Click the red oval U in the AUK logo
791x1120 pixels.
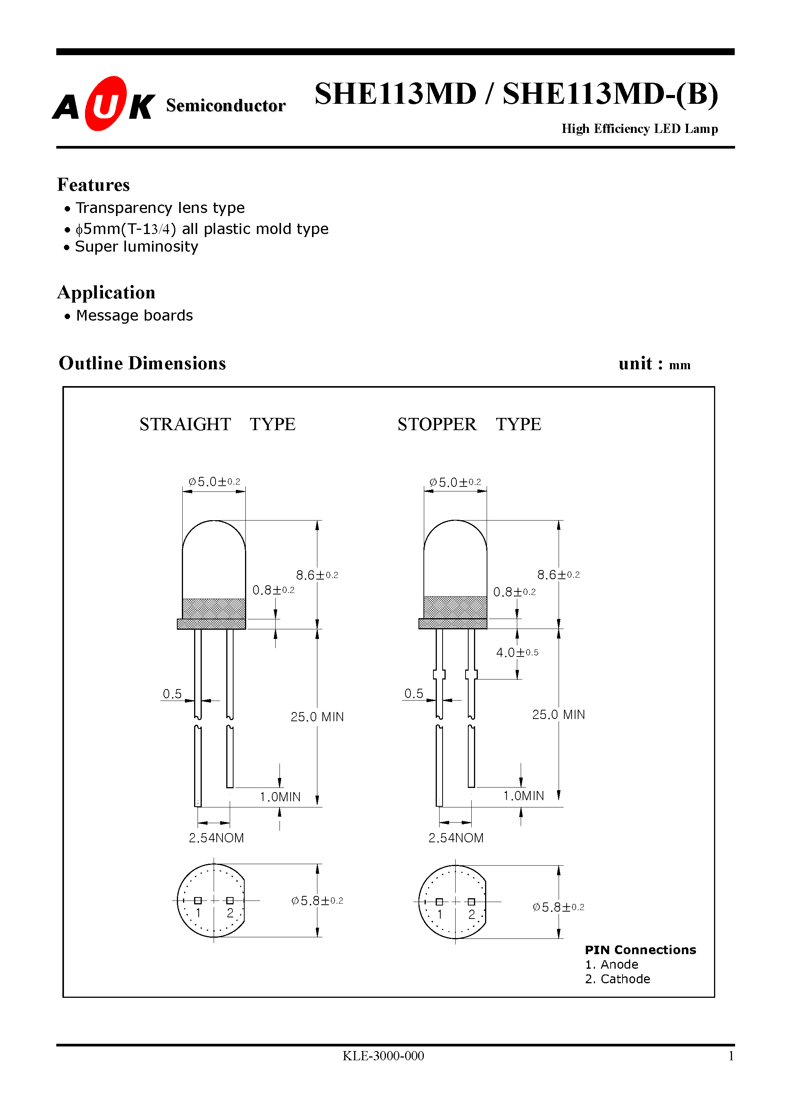click(x=105, y=104)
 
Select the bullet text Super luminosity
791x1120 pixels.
click(x=137, y=247)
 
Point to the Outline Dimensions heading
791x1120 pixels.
click(x=142, y=364)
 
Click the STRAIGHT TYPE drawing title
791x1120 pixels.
click(x=217, y=424)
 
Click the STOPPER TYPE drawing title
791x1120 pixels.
click(x=469, y=424)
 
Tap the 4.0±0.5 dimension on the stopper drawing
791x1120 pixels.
click(x=516, y=653)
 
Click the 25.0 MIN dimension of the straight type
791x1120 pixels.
click(x=317, y=717)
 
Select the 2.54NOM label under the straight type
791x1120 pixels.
click(x=216, y=838)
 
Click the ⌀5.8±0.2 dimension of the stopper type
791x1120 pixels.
click(x=558, y=907)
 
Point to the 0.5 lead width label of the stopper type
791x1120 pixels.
click(x=413, y=694)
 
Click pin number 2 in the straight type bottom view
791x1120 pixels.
click(x=230, y=913)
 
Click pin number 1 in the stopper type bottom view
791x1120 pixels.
click(x=440, y=915)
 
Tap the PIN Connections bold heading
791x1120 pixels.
click(x=640, y=950)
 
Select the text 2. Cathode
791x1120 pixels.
click(x=618, y=979)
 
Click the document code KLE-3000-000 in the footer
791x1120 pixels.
click(x=383, y=1056)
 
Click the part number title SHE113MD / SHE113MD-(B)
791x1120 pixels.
click(x=516, y=94)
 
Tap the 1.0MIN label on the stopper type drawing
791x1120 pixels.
click(x=523, y=796)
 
